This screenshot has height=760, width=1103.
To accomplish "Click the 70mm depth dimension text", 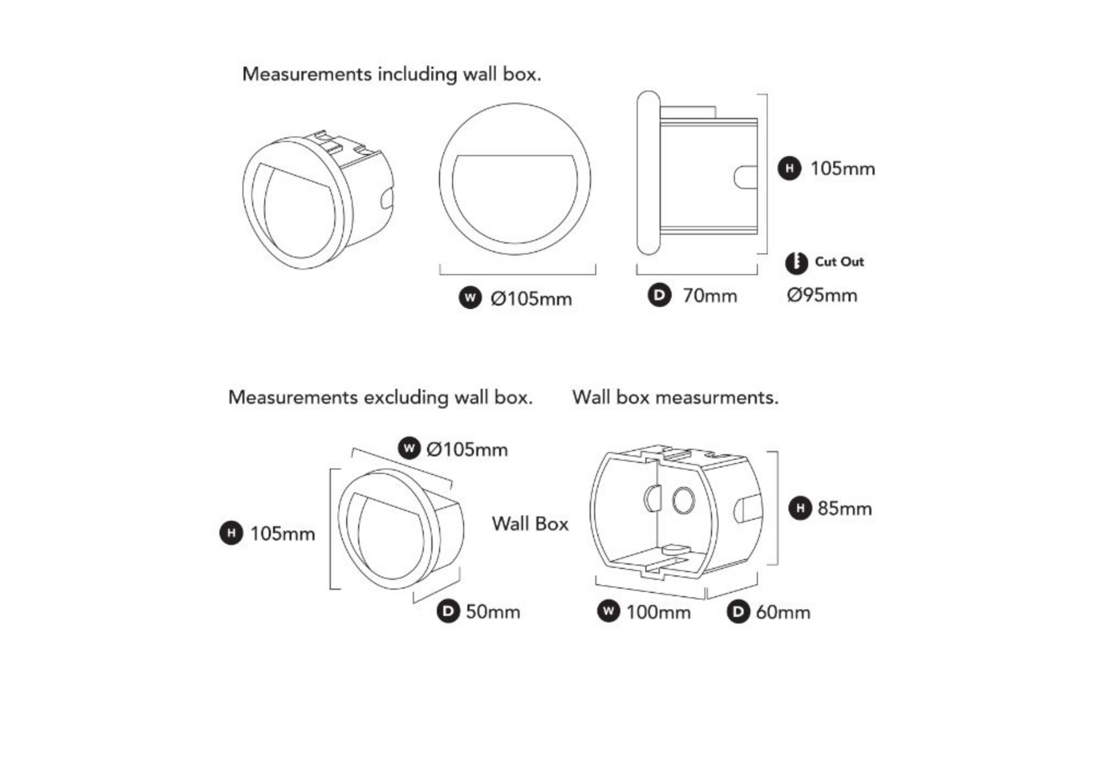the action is (x=710, y=296).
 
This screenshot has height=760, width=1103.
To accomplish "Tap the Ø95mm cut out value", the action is (x=822, y=295).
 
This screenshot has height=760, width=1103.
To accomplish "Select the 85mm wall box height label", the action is (x=845, y=508).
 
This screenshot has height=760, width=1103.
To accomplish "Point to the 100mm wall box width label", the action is (x=658, y=612).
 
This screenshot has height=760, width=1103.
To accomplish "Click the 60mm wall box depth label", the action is (x=783, y=612).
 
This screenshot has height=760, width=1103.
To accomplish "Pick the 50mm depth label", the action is (x=493, y=612).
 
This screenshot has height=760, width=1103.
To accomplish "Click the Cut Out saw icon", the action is (x=796, y=263).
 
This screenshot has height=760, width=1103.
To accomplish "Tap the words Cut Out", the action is (x=839, y=262).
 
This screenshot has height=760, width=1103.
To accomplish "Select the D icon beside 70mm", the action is (x=659, y=295).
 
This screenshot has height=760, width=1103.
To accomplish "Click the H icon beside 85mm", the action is (x=800, y=508).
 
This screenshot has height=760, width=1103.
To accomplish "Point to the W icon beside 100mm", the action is (x=609, y=611).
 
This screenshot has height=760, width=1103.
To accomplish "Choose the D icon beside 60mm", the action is (x=739, y=612).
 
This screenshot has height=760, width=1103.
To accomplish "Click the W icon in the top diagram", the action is (x=470, y=298).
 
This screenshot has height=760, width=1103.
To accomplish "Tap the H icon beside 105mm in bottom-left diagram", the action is (x=231, y=533).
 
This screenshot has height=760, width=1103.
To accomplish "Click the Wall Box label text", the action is (x=530, y=524).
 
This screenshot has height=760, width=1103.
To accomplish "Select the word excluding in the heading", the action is (x=406, y=397).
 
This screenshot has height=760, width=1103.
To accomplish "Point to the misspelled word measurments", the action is (x=717, y=397).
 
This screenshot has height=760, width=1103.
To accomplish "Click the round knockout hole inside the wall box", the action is (x=684, y=500).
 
